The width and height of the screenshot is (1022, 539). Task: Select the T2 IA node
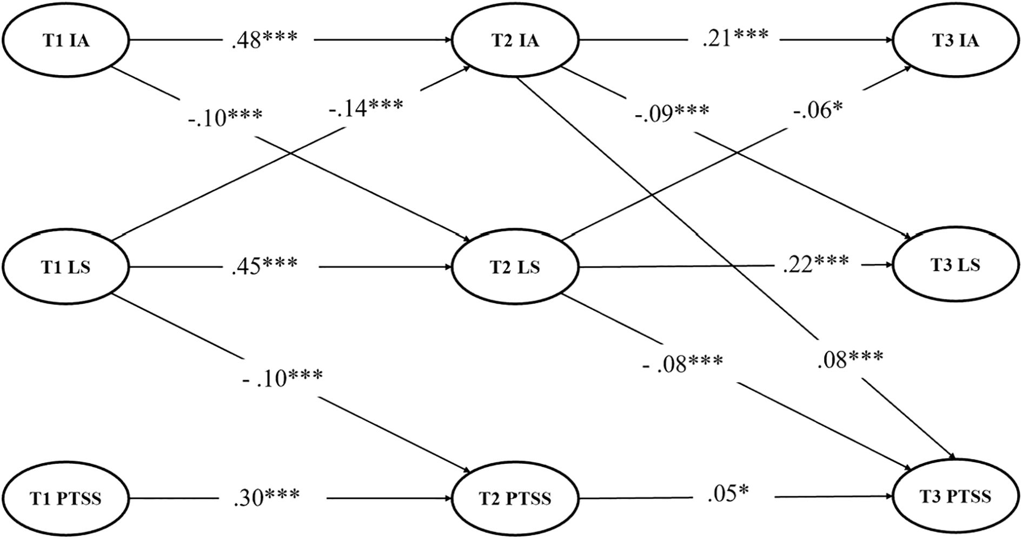click(515, 40)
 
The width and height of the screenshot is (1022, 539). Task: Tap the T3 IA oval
click(955, 40)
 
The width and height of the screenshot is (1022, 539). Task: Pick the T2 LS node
click(515, 267)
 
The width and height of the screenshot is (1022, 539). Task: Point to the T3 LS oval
click(955, 265)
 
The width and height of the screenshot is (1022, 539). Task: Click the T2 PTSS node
click(515, 497)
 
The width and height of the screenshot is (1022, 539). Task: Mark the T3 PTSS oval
click(955, 496)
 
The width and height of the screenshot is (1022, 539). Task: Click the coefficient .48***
click(264, 40)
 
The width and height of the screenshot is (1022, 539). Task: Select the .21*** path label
click(735, 38)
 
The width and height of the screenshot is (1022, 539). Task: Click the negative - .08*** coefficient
click(682, 364)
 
